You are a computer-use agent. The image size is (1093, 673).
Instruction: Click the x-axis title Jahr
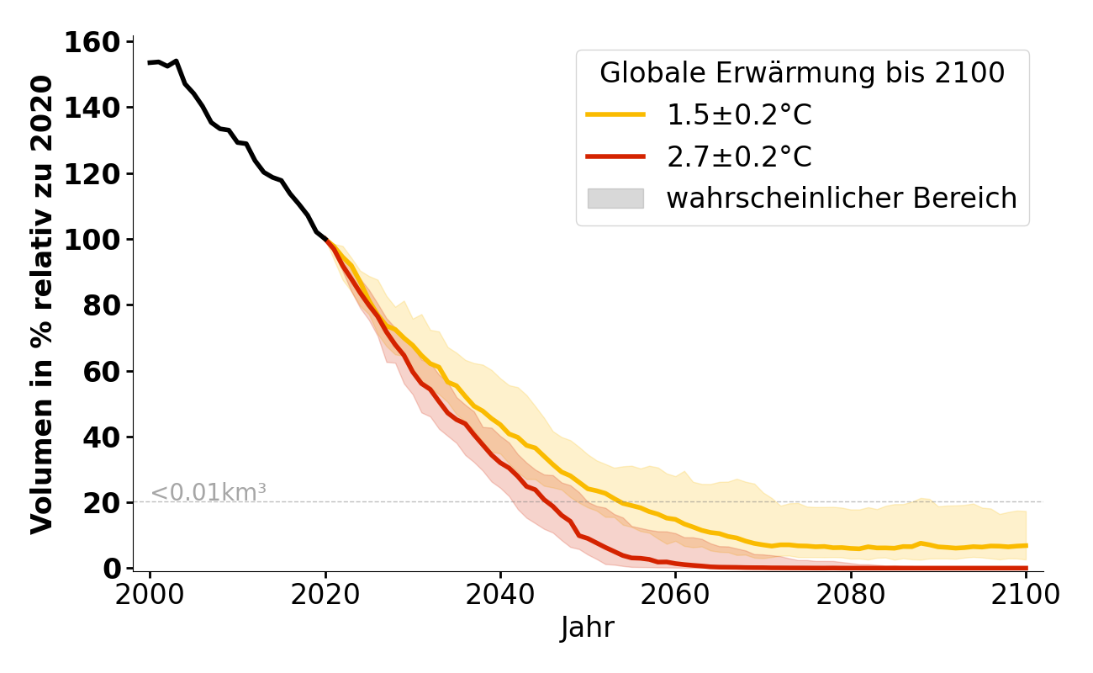[x=588, y=628]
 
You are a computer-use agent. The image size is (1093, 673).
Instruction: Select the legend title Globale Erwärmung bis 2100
[x=802, y=73]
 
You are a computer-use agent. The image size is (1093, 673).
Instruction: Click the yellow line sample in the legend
[x=615, y=115]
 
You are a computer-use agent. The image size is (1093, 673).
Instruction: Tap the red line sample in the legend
[x=615, y=157]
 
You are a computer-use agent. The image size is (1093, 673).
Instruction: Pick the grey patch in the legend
[x=615, y=199]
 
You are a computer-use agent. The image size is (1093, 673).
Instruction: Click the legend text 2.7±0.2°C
[x=739, y=157]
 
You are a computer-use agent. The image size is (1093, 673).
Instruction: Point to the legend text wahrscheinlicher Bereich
[x=842, y=199]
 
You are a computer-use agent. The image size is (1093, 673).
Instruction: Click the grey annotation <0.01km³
[x=209, y=493]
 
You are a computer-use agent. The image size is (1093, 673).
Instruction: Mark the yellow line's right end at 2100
[x=1026, y=546]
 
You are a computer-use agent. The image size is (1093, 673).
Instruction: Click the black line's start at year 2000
[x=150, y=62]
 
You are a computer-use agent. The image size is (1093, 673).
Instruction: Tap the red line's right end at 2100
[x=1026, y=568]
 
